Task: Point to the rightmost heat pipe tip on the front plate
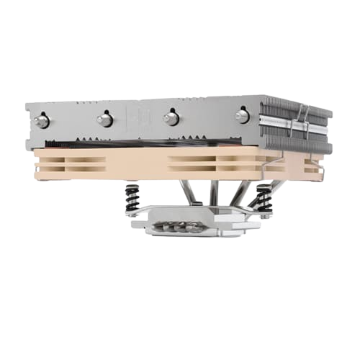[242, 115]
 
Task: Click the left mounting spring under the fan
[133, 197]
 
